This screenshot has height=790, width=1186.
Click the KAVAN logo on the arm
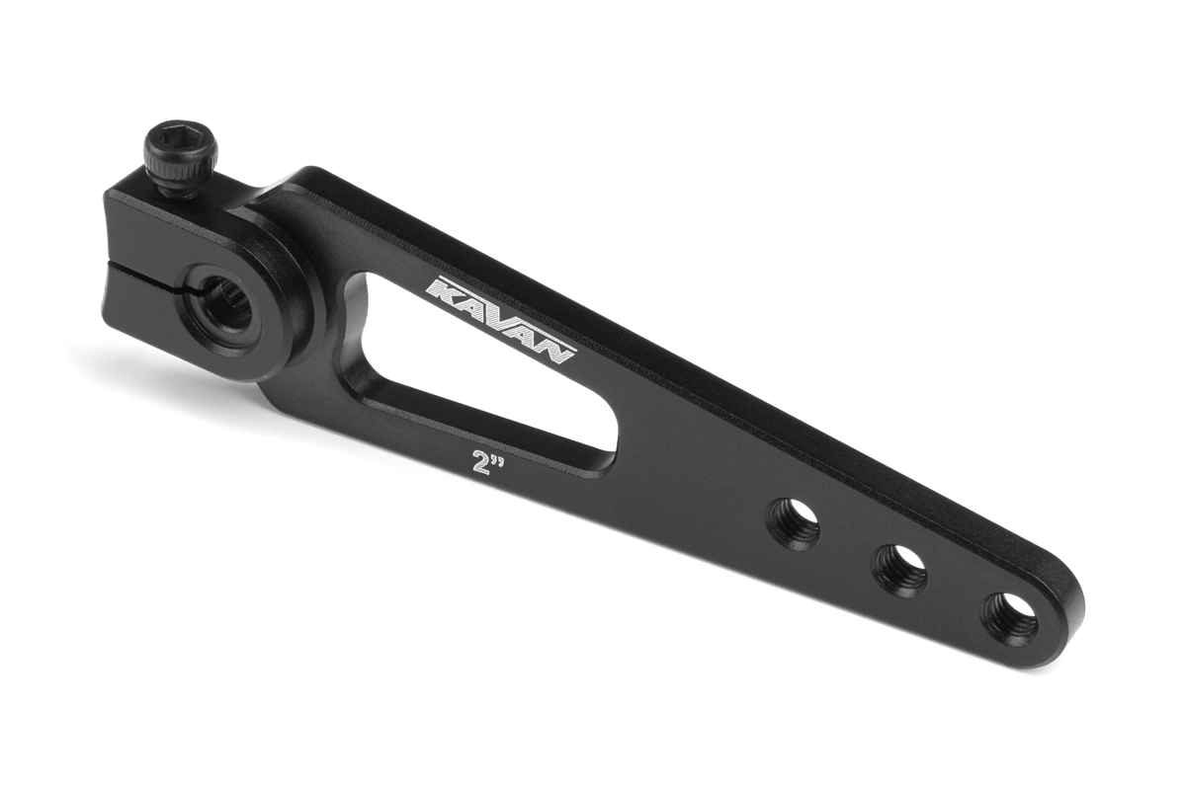click(500, 321)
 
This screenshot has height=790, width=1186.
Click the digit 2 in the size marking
click(479, 463)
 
